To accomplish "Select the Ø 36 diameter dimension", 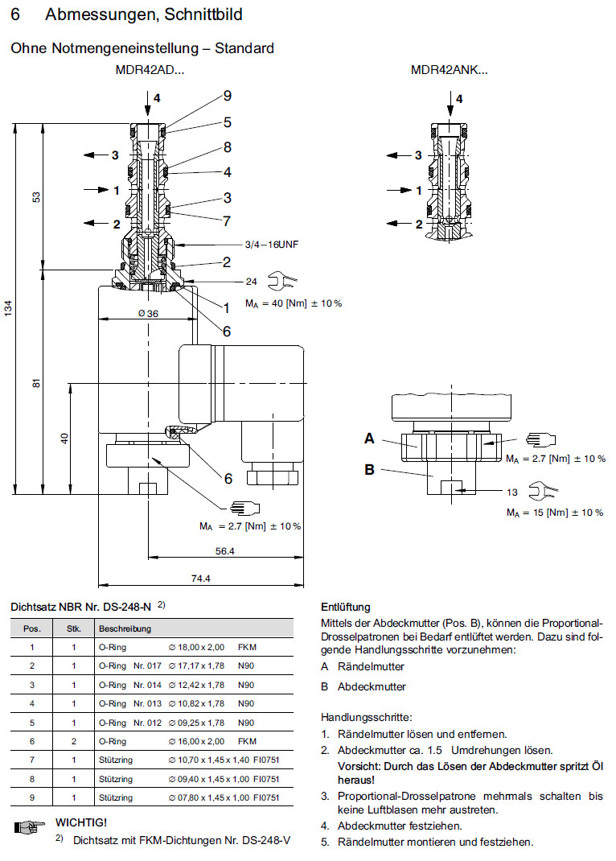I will tap(147, 313).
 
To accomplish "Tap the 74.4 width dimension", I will tap(200, 579).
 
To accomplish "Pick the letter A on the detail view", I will tap(370, 439).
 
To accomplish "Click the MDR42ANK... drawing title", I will tap(449, 70).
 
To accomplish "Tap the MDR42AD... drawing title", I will tap(150, 70).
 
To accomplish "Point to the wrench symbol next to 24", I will tap(285, 281).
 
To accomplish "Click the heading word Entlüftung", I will tap(345, 608).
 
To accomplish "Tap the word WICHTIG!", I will tap(80, 822).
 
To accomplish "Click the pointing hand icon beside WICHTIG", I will tap(28, 825).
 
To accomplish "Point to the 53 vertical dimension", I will tap(36, 198).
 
